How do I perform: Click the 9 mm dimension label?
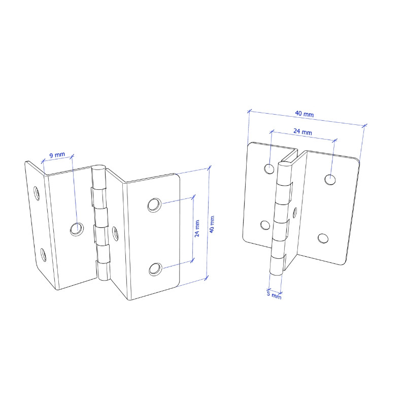[57, 155]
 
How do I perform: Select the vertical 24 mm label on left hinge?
[197, 228]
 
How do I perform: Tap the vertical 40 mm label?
[212, 224]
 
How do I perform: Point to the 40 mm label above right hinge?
[304, 114]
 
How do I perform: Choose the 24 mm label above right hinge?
[302, 132]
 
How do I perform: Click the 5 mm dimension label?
[274, 295]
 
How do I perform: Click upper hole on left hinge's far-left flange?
[37, 193]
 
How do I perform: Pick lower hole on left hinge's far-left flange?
[43, 255]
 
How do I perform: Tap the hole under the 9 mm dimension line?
[77, 229]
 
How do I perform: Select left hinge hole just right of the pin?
[115, 233]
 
